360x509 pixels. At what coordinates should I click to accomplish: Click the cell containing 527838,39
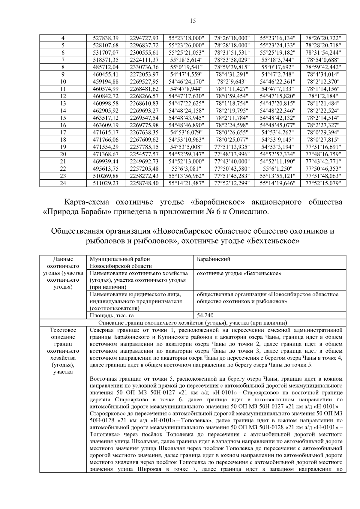[106, 38]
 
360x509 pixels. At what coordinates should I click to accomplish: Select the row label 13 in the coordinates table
[63, 103]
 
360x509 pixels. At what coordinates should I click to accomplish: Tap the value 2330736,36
[144, 67]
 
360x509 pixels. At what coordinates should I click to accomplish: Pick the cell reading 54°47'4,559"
[186, 74]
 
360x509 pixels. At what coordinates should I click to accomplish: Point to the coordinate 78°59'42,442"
[323, 67]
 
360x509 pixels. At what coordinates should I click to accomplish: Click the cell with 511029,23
[106, 183]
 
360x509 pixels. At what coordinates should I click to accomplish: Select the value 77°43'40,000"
[232, 161]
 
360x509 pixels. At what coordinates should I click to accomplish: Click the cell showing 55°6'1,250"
[277, 169]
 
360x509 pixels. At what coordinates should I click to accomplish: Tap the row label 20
[63, 154]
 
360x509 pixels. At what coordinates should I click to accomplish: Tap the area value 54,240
[205, 315]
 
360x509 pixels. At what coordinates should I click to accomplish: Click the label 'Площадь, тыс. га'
[112, 315]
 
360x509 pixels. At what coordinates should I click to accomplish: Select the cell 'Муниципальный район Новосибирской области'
[120, 262]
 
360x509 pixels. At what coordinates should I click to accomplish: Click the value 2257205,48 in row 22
[144, 169]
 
